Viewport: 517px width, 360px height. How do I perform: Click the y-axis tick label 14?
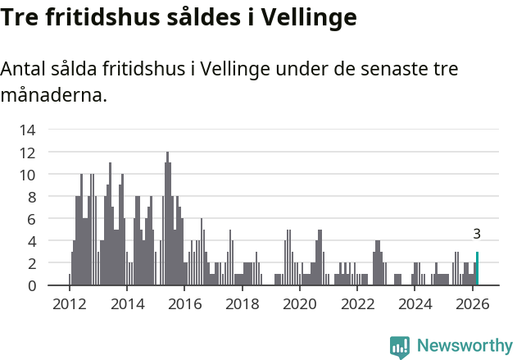[27, 130]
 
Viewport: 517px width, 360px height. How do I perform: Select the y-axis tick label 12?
[27, 152]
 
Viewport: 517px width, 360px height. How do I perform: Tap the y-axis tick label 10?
[27, 174]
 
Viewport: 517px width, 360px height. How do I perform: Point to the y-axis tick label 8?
[31, 197]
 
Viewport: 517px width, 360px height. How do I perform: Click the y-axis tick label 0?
[31, 285]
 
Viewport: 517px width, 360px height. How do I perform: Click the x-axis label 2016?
[184, 304]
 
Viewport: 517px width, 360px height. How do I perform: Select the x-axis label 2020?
[299, 304]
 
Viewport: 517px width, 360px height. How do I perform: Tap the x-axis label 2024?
[415, 304]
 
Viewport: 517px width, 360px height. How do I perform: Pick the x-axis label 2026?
[472, 304]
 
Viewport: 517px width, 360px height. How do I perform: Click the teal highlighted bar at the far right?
[477, 269]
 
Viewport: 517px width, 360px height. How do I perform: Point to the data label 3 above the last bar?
[477, 234]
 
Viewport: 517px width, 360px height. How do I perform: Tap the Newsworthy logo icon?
[400, 346]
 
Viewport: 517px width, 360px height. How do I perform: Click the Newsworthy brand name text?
[465, 346]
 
